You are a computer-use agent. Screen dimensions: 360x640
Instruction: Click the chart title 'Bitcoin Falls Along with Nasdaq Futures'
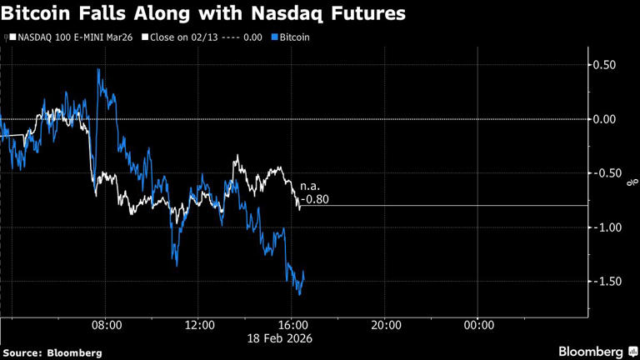[x=205, y=14]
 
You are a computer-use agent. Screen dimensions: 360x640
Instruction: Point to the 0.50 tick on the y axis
[x=603, y=65]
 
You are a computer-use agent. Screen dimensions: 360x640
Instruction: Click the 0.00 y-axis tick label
[x=603, y=119]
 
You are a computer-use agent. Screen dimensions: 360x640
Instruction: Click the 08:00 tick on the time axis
[x=107, y=325]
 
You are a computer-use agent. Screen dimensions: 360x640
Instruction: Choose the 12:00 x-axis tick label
[x=200, y=325]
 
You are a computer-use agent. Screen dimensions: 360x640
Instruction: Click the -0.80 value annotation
[x=315, y=199]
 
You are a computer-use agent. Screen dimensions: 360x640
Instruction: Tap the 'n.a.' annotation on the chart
[x=311, y=187]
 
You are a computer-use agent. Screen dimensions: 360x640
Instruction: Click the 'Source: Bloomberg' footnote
[x=52, y=352]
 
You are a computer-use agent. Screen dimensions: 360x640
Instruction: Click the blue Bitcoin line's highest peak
[x=98, y=69]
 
